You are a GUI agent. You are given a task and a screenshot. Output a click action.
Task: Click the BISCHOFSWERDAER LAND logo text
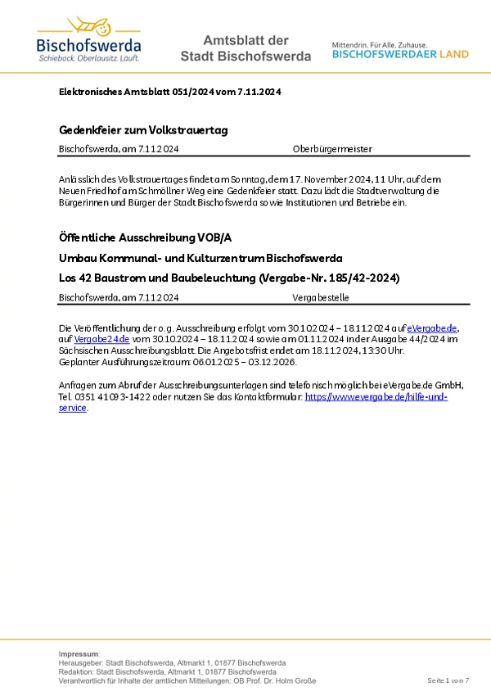[400, 54]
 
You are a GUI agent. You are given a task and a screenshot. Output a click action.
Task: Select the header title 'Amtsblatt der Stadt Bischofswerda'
[245, 48]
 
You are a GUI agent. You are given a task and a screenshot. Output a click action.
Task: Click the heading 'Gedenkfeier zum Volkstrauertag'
[143, 130]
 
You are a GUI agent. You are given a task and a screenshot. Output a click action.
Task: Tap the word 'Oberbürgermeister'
[332, 149]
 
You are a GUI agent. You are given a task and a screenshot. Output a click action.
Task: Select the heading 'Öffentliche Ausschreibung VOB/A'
[146, 237]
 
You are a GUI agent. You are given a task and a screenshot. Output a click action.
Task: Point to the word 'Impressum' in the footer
[79, 653]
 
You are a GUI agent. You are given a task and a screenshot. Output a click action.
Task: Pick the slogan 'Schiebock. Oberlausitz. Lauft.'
[88, 59]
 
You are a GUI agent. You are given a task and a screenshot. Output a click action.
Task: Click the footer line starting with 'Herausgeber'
[172, 662]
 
